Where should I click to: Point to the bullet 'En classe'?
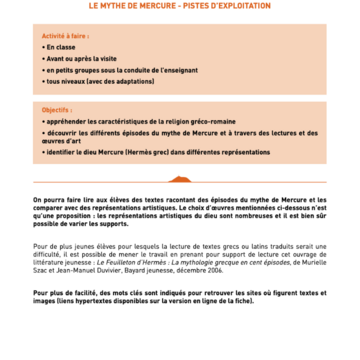pos(62,47)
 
